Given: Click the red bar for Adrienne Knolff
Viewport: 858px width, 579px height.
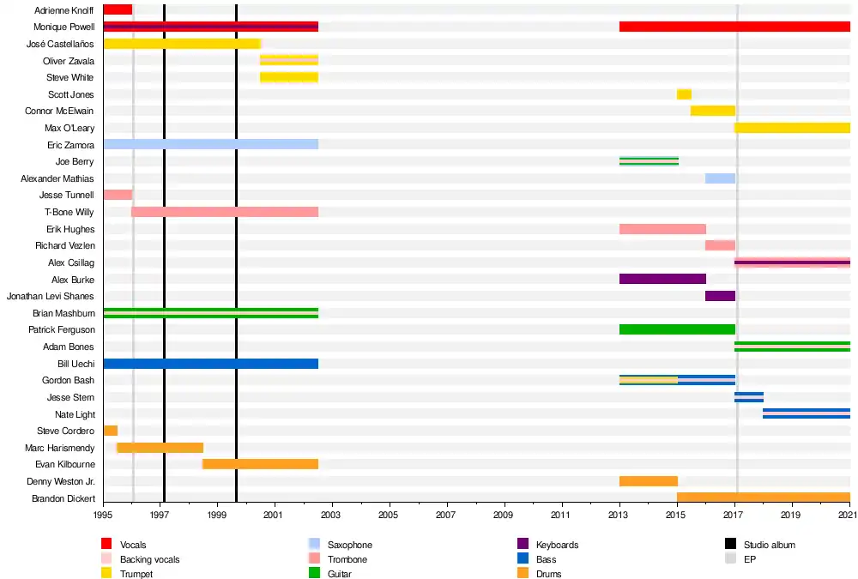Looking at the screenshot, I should tap(118, 9).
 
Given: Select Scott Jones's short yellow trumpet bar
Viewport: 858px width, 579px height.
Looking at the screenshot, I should tap(684, 94).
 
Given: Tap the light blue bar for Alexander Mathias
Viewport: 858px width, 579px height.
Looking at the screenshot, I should tap(720, 178).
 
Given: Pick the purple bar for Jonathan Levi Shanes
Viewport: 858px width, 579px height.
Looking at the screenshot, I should tap(720, 296).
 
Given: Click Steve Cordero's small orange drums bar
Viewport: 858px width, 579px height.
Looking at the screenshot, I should tap(110, 431).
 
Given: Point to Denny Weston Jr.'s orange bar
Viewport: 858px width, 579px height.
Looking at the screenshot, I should tap(648, 481).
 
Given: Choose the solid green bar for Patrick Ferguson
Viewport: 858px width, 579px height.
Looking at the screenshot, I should tap(676, 329).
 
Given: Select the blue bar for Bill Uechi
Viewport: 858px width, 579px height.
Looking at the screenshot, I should tap(210, 364).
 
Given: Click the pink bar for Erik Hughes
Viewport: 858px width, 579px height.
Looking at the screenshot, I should tap(662, 229).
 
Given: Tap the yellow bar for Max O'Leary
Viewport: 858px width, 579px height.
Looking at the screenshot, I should tap(792, 128).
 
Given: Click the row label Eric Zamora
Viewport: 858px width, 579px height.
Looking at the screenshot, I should tap(71, 145).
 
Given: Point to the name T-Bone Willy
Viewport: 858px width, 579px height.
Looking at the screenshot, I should tap(69, 212).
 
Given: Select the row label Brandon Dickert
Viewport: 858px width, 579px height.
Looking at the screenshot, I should tap(63, 498).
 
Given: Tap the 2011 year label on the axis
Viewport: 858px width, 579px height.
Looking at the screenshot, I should tap(561, 515).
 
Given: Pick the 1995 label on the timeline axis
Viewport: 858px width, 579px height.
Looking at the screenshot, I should tap(103, 515).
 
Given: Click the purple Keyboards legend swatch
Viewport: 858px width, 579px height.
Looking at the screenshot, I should tap(523, 545).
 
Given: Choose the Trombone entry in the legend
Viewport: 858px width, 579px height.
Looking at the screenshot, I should tap(347, 559).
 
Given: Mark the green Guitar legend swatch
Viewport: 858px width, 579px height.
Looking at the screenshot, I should tap(315, 574).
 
